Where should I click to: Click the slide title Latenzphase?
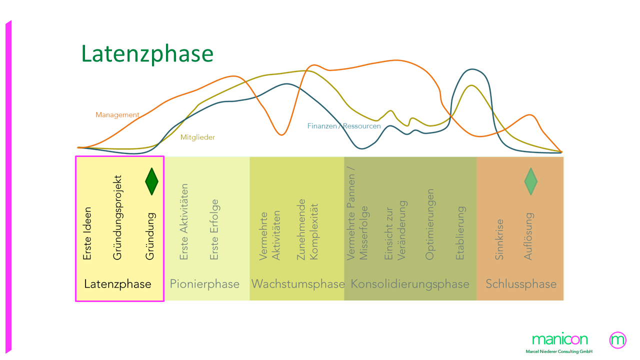click(147, 54)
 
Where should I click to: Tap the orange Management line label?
click(117, 115)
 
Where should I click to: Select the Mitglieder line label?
click(197, 137)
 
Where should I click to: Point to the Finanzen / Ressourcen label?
click(344, 126)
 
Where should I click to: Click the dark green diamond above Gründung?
click(151, 181)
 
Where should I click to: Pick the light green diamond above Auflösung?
click(530, 181)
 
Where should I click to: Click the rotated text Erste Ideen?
click(87, 233)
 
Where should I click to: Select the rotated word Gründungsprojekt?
click(118, 217)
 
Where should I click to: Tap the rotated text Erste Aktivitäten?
click(184, 222)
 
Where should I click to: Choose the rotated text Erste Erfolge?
click(214, 230)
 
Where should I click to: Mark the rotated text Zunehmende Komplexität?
click(307, 229)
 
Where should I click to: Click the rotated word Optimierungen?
click(430, 224)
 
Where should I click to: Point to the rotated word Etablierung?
click(460, 233)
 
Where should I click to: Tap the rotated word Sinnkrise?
click(499, 239)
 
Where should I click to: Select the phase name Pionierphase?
click(205, 284)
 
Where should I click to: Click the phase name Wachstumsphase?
click(298, 284)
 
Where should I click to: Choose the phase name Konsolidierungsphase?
click(410, 284)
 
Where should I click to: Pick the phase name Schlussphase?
click(521, 284)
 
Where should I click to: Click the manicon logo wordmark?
click(560, 339)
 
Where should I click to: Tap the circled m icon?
click(618, 340)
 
